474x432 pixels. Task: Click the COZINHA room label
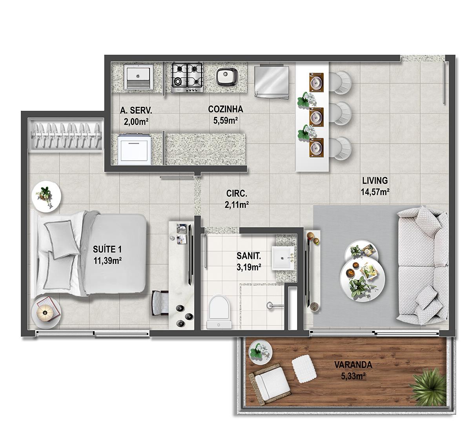225,109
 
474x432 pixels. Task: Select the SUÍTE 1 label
107,249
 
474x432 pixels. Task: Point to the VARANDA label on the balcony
353,365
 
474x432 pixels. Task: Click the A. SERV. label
136,110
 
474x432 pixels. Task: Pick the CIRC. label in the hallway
237,193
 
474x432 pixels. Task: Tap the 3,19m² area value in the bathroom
249,267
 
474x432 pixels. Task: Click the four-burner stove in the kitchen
187,78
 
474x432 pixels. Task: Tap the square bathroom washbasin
283,258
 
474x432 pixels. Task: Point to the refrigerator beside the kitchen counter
272,82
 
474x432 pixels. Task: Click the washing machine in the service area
135,149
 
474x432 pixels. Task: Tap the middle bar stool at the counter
341,114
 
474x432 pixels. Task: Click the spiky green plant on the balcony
428,384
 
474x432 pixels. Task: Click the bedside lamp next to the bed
45,312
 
